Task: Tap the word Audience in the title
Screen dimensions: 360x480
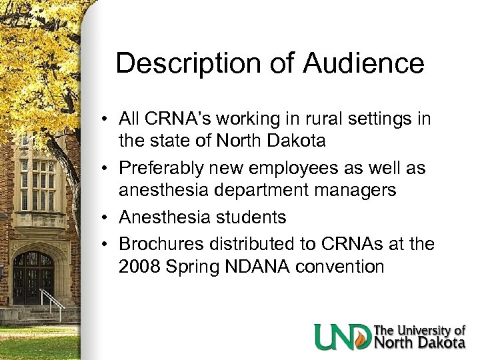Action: [x=364, y=64]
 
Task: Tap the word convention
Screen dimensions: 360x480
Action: [x=343, y=267]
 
